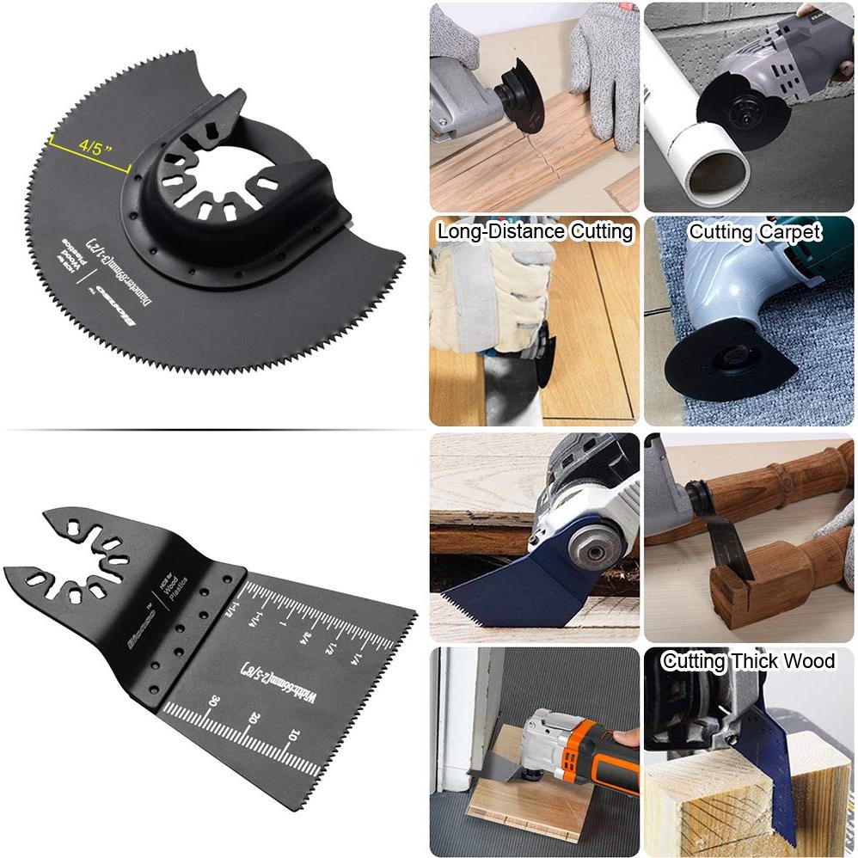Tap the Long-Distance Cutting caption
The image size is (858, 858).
coord(535,231)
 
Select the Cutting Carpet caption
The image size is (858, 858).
coord(755,231)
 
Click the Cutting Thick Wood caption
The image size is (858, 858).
coord(748,661)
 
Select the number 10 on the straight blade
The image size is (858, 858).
coord(293,735)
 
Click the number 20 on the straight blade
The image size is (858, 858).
coord(254,718)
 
